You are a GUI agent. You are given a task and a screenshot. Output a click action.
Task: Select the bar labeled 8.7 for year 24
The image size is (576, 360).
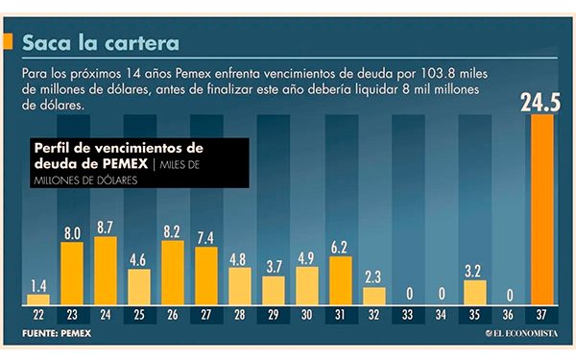click(106, 270)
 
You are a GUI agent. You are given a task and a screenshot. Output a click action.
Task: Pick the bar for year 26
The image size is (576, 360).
click(173, 272)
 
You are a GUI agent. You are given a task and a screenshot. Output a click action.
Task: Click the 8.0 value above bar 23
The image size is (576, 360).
click(71, 232)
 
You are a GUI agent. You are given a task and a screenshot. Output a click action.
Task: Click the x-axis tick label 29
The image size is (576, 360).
click(274, 313)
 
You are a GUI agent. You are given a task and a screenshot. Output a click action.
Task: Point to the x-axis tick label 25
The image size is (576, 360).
click(139, 313)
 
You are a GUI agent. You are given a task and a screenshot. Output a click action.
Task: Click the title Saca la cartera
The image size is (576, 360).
click(100, 42)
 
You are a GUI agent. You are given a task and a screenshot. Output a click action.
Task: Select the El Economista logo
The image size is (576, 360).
click(523, 333)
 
